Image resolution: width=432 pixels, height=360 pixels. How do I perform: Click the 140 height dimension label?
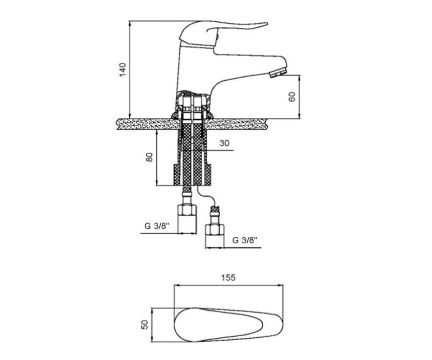click(x=122, y=69)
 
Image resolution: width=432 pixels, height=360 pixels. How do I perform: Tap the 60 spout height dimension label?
click(x=292, y=97)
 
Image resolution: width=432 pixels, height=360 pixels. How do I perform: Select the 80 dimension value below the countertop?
click(x=149, y=157)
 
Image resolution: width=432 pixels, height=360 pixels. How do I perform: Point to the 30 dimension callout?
click(x=225, y=143)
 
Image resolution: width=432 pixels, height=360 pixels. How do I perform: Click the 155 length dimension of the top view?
click(x=228, y=278)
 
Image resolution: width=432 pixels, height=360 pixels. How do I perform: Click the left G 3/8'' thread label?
click(x=157, y=226)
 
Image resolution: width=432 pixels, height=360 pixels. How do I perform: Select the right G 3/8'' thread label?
click(x=245, y=240)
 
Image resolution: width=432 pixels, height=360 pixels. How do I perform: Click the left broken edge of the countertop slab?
click(x=117, y=124)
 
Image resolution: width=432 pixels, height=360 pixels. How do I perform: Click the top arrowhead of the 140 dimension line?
click(x=130, y=23)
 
